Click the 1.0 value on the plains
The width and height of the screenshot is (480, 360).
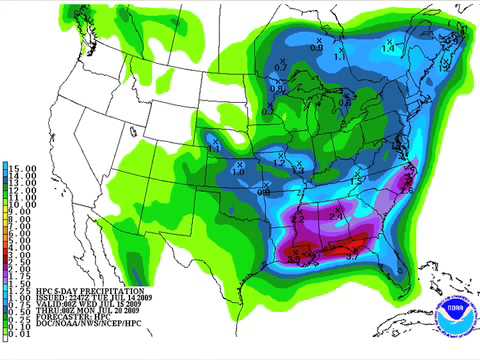tap(238, 171)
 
